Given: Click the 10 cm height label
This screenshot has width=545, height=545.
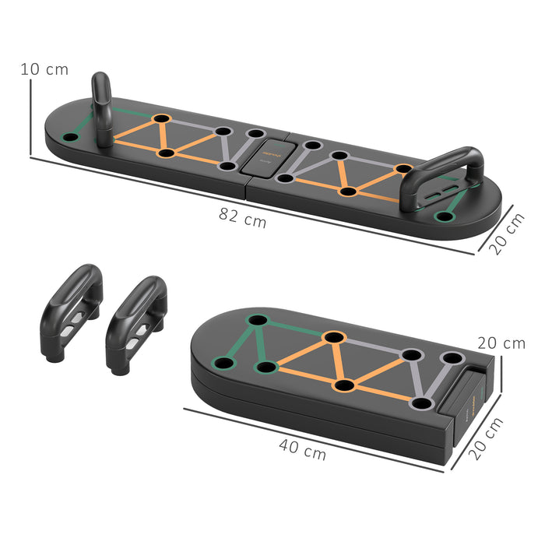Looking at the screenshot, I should click(44, 69).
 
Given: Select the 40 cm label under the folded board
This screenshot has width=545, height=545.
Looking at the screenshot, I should click(304, 448).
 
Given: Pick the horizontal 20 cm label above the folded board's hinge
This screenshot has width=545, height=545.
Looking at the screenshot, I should click(501, 343).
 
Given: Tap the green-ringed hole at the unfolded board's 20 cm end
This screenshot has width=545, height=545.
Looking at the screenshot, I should click(444, 216).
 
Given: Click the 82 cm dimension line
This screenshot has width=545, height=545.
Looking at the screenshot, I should click(249, 205).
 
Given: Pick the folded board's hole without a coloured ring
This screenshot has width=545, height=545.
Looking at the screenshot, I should click(225, 364).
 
